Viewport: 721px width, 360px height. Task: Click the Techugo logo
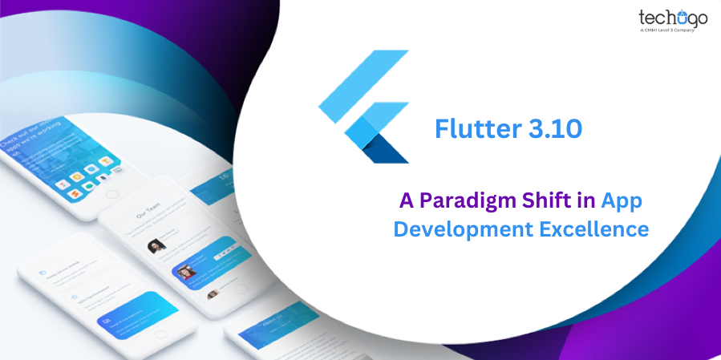click(x=674, y=18)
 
